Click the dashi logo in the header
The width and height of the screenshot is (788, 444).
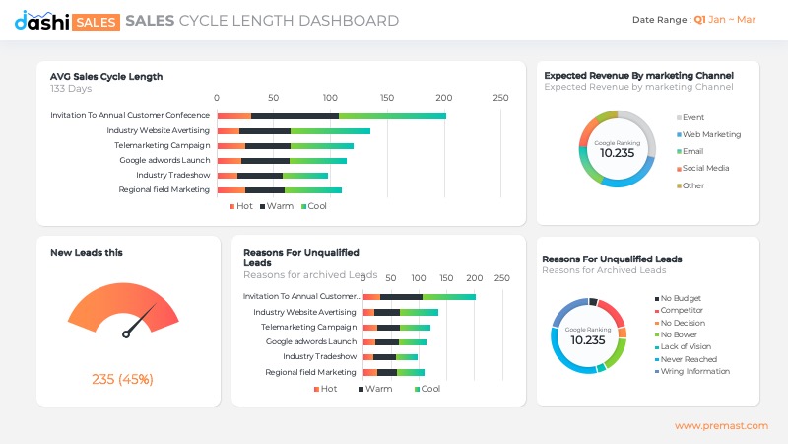41,20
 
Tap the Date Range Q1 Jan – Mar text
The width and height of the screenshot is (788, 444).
693,20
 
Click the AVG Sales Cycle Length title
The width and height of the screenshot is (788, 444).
106,76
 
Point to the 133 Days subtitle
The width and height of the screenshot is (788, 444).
71,89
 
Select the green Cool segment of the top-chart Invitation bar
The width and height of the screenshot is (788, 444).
392,116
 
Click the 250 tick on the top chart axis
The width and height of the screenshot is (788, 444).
500,98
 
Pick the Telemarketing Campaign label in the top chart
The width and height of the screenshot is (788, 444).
162,145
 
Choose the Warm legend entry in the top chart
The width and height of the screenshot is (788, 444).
280,206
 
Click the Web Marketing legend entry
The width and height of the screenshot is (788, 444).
710,134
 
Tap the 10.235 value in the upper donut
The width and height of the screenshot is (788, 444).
617,153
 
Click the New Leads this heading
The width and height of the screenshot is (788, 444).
87,253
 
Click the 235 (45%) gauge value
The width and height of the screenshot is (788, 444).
122,379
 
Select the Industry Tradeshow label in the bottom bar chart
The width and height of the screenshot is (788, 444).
319,356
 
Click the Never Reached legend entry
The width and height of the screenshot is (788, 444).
688,359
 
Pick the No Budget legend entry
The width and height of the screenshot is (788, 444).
680,298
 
